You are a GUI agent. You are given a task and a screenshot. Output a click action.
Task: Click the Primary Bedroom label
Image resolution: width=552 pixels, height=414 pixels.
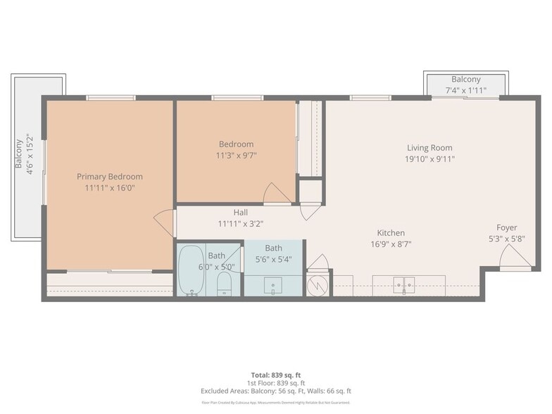(x=110, y=177)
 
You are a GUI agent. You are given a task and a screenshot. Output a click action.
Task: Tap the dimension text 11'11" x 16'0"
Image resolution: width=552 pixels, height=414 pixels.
(x=110, y=188)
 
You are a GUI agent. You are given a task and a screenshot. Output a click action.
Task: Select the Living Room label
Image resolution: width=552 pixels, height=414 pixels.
(x=429, y=148)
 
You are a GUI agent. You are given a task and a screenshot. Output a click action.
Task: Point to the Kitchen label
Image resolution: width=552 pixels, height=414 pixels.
(x=391, y=233)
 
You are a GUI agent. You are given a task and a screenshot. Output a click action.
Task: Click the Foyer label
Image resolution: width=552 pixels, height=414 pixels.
(x=507, y=227)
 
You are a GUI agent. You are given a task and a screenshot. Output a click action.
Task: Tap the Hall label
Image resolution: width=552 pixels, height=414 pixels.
(x=241, y=212)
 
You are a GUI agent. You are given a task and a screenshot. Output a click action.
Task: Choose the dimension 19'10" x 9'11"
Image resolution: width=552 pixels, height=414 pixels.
(x=430, y=159)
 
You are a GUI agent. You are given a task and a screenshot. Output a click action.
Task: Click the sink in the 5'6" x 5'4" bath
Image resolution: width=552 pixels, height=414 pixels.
(x=273, y=286)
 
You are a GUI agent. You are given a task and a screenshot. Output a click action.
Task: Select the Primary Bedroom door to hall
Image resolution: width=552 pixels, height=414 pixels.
(x=165, y=222)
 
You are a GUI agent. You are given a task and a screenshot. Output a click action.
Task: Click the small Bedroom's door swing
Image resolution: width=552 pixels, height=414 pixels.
(x=276, y=194)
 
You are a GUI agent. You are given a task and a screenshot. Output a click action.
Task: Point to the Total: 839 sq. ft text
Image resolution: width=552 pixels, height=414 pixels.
(x=276, y=375)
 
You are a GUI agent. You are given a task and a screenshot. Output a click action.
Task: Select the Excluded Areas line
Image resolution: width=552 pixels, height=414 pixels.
(x=276, y=391)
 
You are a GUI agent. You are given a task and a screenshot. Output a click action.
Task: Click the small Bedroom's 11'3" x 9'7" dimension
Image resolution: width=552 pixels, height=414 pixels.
(x=236, y=156)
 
